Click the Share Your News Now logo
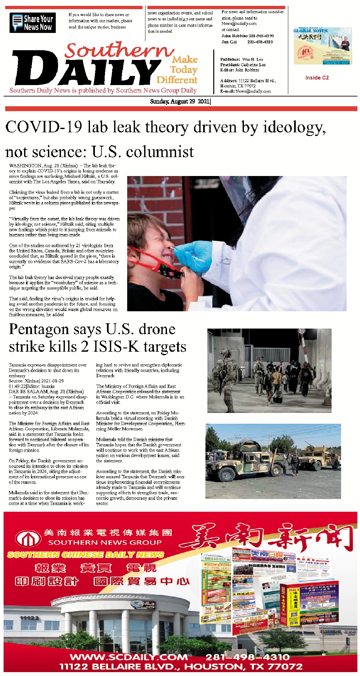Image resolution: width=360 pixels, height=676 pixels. pos(33,23)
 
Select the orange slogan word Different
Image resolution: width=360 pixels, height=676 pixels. pos(177,80)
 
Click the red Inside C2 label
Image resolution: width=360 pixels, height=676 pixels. pos(317,78)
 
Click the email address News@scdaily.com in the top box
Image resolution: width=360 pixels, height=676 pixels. pos(239,23)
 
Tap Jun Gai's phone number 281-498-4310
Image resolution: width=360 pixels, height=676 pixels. pos(260,42)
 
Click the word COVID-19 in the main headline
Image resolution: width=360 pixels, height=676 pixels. pos(44,127)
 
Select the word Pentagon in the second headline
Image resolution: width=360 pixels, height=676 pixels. pos(39,329)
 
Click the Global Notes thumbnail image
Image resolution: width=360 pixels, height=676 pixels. pos(322,46)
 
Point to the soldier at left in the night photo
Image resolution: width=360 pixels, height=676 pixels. pos(225,368)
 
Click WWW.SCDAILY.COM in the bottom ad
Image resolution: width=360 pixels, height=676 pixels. pos(129,657)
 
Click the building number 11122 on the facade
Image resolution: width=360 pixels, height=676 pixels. pos(29,618)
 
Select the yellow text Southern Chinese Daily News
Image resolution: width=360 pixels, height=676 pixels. pos(85,554)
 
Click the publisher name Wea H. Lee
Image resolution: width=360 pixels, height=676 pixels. pos(252,59)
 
